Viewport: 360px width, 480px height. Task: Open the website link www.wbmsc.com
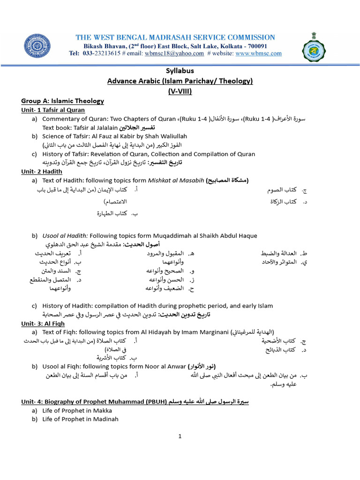coord(258,53)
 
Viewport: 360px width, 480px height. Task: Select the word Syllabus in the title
coord(180,71)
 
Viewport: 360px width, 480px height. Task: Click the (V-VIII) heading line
coord(180,91)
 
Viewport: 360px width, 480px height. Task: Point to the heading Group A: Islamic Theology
coord(62,101)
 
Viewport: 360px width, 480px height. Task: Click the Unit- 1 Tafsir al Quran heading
coord(53,110)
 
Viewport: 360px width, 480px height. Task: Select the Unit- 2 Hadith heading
coord(42,172)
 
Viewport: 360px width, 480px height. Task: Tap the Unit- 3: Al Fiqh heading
coord(43,323)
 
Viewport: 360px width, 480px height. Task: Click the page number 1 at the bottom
coord(180,437)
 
